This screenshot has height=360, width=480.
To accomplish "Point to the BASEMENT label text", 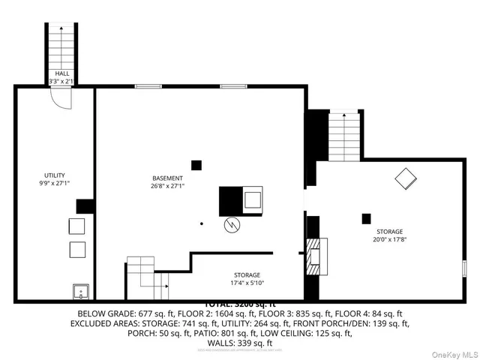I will pyautogui.click(x=167, y=178).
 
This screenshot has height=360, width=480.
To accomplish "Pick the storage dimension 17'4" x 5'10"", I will pyautogui.click(x=246, y=283).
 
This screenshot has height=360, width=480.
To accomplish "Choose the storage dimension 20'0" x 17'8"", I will pyautogui.click(x=388, y=241).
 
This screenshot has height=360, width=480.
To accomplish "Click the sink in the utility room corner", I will pyautogui.click(x=80, y=290).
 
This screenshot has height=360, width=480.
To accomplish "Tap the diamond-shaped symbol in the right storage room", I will pyautogui.click(x=406, y=179).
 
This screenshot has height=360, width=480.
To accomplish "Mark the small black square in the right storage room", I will pyautogui.click(x=366, y=218).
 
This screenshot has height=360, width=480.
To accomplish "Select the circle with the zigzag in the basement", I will pyautogui.click(x=232, y=224).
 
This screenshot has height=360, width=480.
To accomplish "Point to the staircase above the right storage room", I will pyautogui.click(x=345, y=136).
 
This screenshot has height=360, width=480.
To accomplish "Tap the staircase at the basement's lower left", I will pyautogui.click(x=147, y=275).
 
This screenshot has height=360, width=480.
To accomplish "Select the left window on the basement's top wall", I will pyautogui.click(x=148, y=86).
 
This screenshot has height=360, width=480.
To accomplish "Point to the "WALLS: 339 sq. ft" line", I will pyautogui.click(x=240, y=343).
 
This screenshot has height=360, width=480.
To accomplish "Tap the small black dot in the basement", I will pyautogui.click(x=201, y=223).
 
